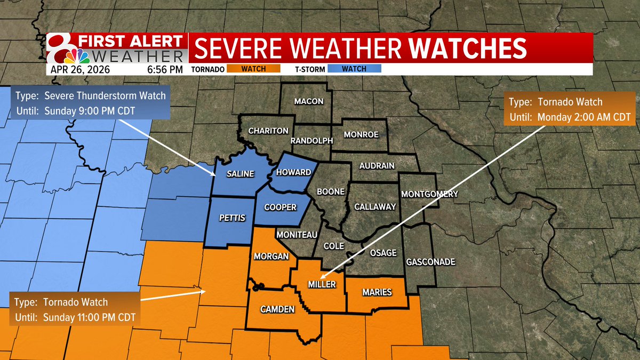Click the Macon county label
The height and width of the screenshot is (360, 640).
tap(309, 101)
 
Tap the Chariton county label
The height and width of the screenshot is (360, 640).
tap(269, 131)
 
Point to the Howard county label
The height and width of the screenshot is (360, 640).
tap(293, 173)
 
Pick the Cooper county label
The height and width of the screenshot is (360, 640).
tap(280, 207)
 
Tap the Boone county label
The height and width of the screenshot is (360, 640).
tap(331, 191)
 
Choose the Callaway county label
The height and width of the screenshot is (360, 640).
tap(375, 207)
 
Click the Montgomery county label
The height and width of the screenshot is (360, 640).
tap(429, 194)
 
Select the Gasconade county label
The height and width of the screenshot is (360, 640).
tap(430, 262)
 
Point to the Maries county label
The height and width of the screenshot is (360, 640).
tap(377, 292)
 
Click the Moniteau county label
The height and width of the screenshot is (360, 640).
tap(297, 235)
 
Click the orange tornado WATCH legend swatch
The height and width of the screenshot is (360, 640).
tap(253, 69)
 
